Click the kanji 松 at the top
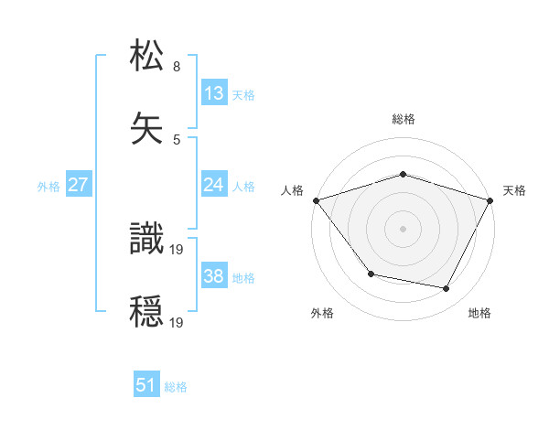(147, 56)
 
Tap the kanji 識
(147, 239)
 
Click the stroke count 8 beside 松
(177, 66)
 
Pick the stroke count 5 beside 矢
(177, 139)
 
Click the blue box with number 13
(214, 92)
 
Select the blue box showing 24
(214, 185)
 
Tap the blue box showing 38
(214, 276)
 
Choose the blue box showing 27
(78, 185)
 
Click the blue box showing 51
(146, 385)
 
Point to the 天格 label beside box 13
(242, 94)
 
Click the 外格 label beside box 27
(48, 186)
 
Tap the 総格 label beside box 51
(176, 387)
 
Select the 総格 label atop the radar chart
(404, 119)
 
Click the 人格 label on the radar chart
(293, 190)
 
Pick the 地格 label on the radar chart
(479, 313)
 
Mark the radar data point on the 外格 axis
(371, 274)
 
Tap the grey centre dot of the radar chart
(404, 229)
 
